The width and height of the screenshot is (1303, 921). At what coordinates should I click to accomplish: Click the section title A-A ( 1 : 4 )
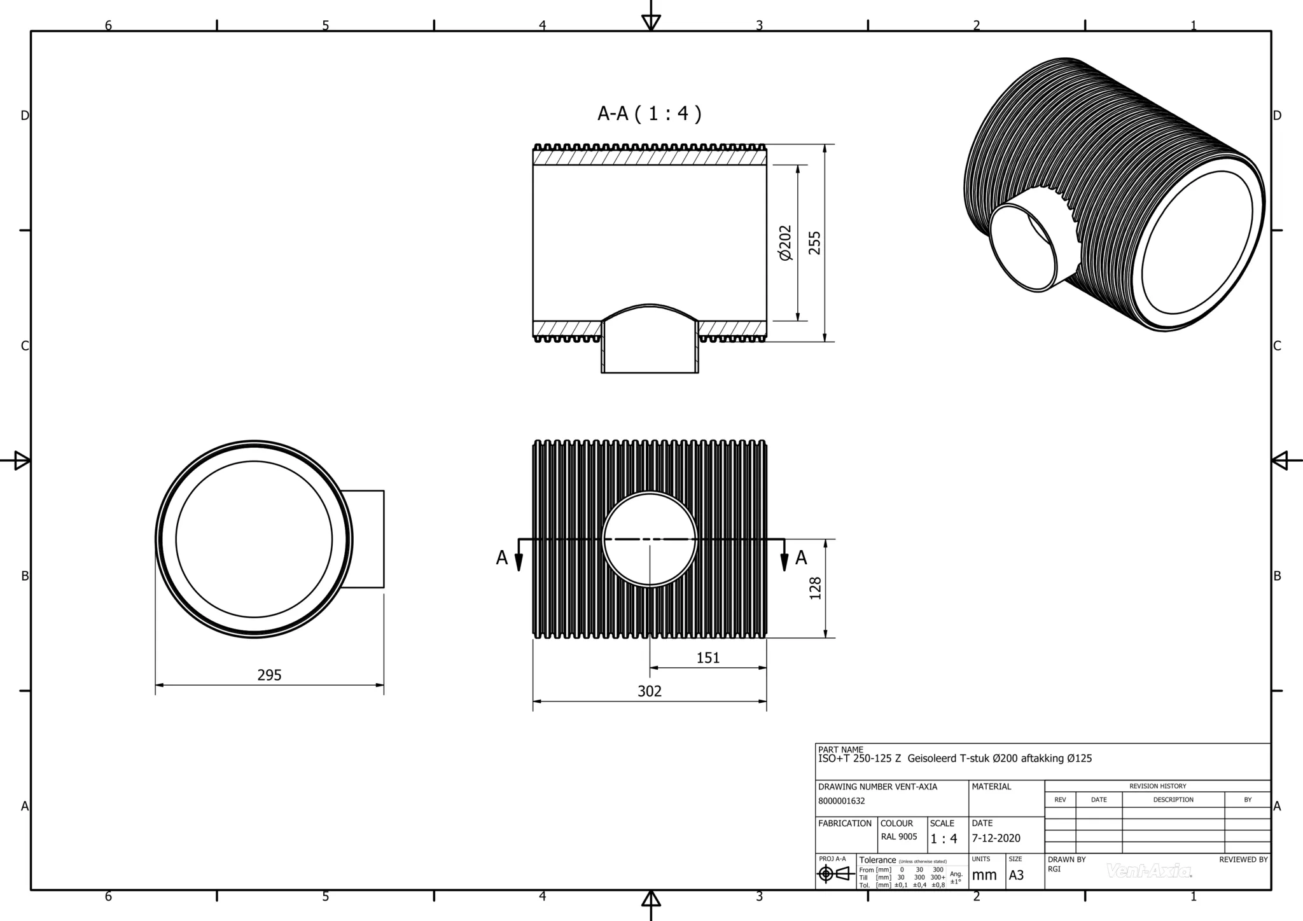(649, 114)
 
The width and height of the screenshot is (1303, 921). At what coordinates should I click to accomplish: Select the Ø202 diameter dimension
(786, 243)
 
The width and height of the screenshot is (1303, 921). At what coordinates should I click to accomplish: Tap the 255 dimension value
(814, 243)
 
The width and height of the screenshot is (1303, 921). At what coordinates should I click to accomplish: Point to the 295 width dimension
(269, 675)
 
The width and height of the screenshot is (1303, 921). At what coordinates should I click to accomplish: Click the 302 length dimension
(650, 691)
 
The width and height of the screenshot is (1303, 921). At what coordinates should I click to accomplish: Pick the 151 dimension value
(707, 658)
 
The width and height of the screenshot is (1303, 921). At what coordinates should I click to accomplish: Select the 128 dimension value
(815, 588)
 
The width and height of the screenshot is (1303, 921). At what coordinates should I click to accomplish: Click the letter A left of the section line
(502, 558)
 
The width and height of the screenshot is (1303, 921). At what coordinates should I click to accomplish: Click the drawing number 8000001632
(842, 801)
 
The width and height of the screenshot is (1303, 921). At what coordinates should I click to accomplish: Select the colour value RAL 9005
(899, 837)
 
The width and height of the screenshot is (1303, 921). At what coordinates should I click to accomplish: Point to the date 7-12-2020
(996, 838)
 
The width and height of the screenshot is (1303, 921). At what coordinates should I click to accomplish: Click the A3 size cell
(1016, 875)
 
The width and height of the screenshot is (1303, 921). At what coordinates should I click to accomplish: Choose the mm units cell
(984, 875)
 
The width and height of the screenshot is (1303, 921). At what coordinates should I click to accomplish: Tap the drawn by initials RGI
(1054, 869)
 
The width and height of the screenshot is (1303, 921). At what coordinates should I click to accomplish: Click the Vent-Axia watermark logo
(1149, 871)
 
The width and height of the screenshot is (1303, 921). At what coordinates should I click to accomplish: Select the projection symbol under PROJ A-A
(836, 875)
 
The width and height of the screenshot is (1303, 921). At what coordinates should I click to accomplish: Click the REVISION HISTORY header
(1157, 786)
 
